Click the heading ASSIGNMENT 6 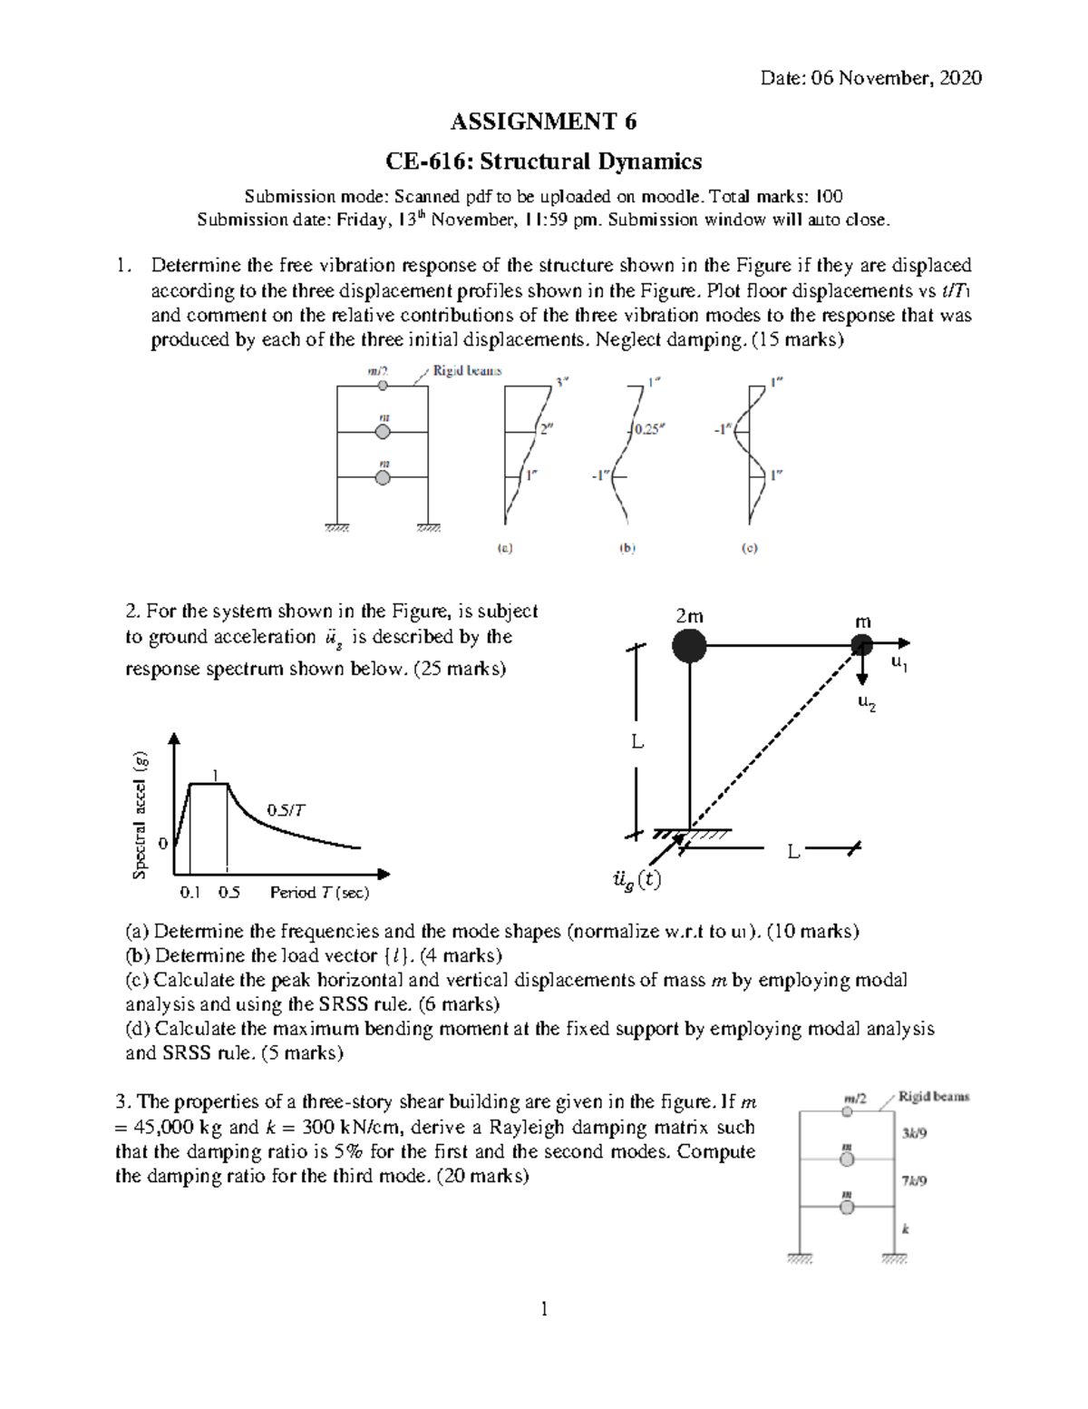point(544,122)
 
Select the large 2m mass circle point(690,646)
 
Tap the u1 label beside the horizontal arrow point(899,665)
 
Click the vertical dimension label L point(637,742)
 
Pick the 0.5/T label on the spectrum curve point(287,810)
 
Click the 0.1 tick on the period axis point(190,892)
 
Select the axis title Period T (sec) point(319,892)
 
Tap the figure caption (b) point(627,548)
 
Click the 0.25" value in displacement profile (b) point(648,430)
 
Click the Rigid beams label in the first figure point(467,371)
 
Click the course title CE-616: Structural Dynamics point(544,161)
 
